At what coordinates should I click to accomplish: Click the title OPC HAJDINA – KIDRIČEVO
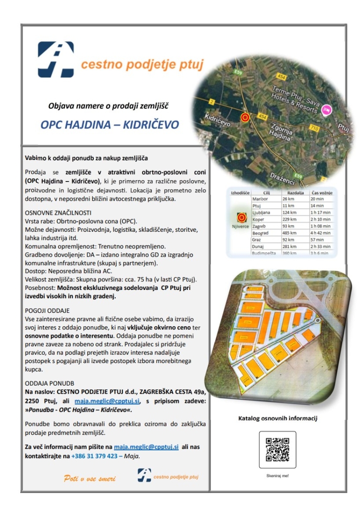click(110, 125)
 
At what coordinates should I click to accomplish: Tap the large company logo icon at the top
click(56, 60)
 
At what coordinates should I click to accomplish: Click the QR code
click(277, 449)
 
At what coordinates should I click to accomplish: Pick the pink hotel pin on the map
click(326, 111)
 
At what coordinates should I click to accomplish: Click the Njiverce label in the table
click(240, 226)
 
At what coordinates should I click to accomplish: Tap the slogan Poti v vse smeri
click(89, 478)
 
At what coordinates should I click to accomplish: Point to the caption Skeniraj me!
click(278, 476)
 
